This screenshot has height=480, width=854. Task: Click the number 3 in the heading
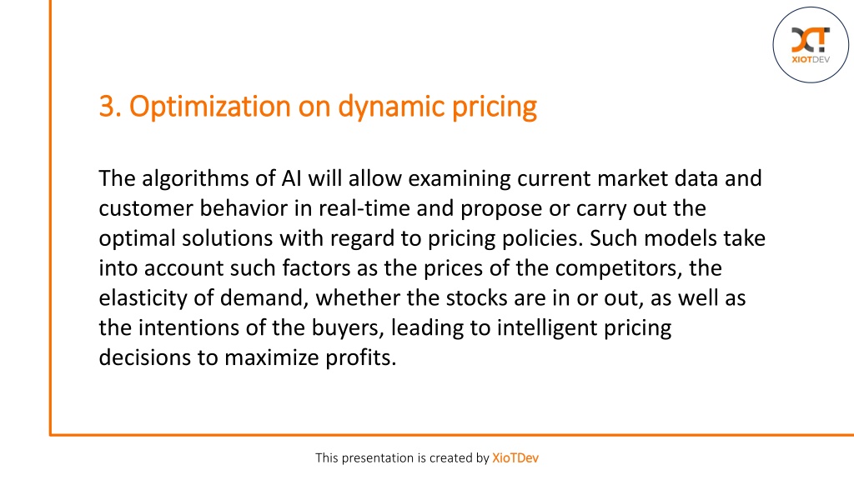coord(108,106)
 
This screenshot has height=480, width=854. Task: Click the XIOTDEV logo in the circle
coord(811,45)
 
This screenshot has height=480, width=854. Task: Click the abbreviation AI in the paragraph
coord(291,178)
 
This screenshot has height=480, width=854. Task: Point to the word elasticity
coord(143,299)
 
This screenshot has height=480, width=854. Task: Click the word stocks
coord(476,297)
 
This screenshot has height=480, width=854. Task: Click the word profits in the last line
coord(360,358)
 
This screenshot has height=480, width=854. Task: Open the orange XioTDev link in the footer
coord(515,458)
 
